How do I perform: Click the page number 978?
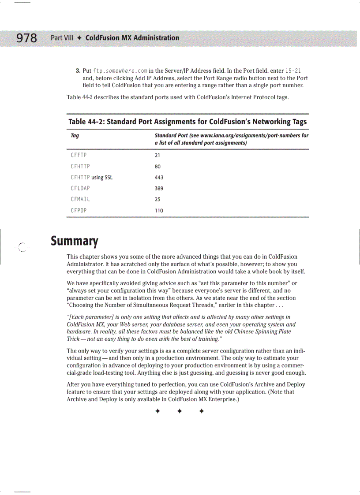coord(27,38)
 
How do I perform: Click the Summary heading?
coord(74,241)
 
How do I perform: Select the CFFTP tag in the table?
coord(79,155)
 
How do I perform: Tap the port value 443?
coord(159,177)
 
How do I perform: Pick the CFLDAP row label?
coord(80,188)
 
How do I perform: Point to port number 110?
coord(159,210)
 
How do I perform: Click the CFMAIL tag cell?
coord(80,199)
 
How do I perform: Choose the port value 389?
coord(159,188)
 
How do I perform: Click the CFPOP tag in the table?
coord(79,210)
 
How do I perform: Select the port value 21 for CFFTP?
coord(157,155)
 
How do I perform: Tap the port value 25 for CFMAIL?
coord(157,199)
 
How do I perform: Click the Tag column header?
coord(75,135)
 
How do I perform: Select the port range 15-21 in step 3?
coord(293,71)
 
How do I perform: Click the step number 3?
coord(78,71)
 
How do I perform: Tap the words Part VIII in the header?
coord(62,38)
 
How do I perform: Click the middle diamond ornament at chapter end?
coord(180,411)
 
